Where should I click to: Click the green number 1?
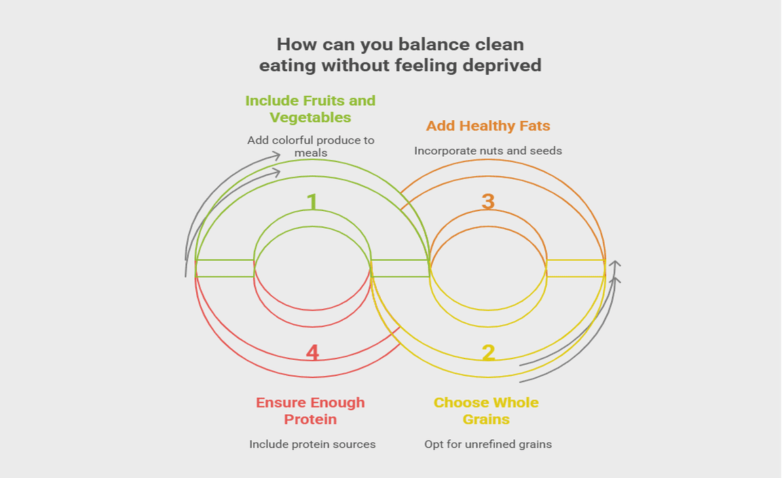coord(312,202)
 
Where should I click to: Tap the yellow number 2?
coord(488,353)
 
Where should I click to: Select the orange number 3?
coord(488,202)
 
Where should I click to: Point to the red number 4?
coord(312,353)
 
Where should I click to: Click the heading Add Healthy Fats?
coord(488,126)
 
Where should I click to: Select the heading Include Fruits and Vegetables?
coord(310,109)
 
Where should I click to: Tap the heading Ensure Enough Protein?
coord(310,411)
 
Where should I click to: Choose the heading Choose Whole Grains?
coord(486,411)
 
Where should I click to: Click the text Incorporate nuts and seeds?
coord(488,151)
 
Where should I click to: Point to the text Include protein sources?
coord(312,444)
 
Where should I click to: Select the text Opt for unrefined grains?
coord(488,444)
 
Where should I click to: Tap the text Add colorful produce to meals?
coord(311,146)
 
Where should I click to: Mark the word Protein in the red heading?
coord(310,420)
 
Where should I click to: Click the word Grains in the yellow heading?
coord(486,420)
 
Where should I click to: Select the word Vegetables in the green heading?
coord(310,117)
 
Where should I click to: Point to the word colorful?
coord(297,141)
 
